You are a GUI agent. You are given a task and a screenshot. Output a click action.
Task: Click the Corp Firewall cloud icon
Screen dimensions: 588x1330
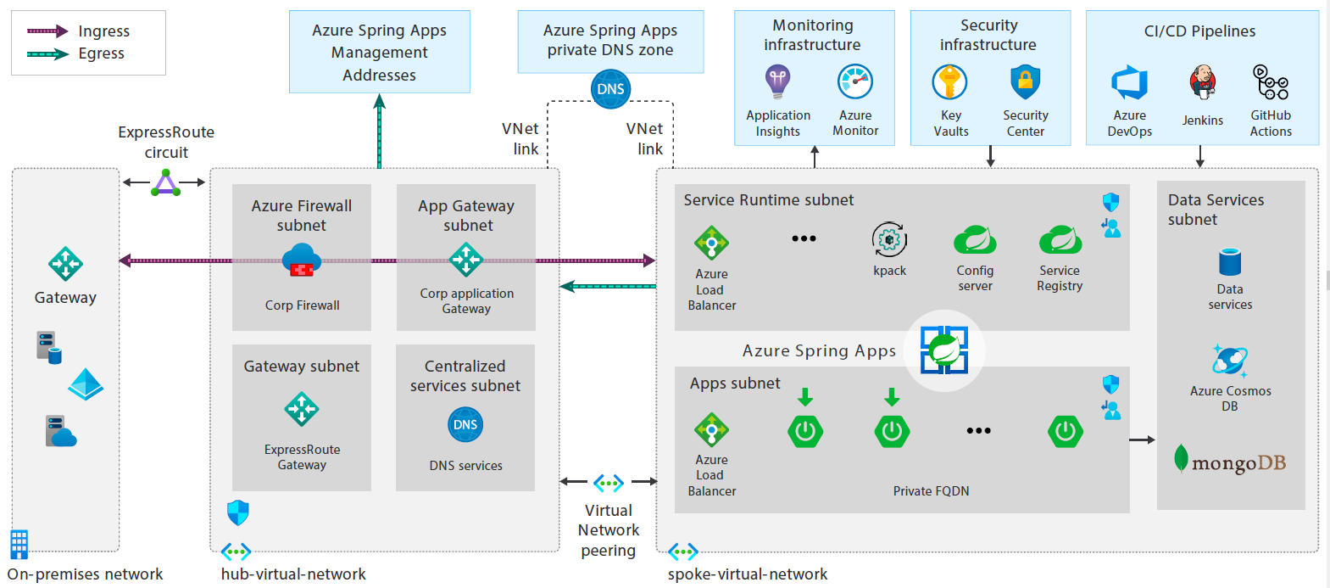pyautogui.click(x=302, y=260)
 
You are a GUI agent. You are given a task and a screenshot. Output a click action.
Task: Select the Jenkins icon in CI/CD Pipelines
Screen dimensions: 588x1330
pyautogui.click(x=1202, y=83)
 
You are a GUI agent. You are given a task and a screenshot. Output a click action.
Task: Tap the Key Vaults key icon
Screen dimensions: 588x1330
pyautogui.click(x=949, y=82)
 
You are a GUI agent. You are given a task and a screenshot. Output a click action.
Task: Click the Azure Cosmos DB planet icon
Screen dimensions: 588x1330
pyautogui.click(x=1229, y=361)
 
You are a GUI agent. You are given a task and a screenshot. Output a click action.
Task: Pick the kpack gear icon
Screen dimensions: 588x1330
pyautogui.click(x=889, y=240)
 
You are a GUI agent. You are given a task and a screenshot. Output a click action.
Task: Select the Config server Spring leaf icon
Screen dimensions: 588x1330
pyautogui.click(x=975, y=240)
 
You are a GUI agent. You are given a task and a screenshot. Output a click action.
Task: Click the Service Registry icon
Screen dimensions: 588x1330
pyautogui.click(x=1060, y=240)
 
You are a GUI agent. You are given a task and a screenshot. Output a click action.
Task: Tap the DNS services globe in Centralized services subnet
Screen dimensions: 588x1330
pyautogui.click(x=465, y=424)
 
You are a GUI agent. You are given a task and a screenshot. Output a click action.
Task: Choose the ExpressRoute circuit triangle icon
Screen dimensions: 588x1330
pyautogui.click(x=166, y=183)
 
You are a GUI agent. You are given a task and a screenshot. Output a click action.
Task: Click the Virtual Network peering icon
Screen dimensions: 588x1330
pyautogui.click(x=609, y=483)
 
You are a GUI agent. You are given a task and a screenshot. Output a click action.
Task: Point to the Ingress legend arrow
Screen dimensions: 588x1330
pyautogui.click(x=47, y=31)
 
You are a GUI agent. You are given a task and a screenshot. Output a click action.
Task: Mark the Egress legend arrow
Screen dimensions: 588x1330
pyautogui.click(x=47, y=54)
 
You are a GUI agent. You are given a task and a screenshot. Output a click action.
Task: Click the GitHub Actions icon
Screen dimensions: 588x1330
pyautogui.click(x=1271, y=83)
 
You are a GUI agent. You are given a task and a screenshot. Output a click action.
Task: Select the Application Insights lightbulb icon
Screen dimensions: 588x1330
pyautogui.click(x=777, y=82)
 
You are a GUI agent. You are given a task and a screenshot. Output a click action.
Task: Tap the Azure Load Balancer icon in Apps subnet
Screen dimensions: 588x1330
pyautogui.click(x=711, y=430)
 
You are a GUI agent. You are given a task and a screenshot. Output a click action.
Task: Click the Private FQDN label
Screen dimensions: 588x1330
pyautogui.click(x=931, y=491)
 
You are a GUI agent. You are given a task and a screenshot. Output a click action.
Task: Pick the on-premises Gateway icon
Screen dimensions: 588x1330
pyautogui.click(x=65, y=264)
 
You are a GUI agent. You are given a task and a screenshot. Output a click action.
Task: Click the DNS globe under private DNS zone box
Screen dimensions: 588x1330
pyautogui.click(x=610, y=89)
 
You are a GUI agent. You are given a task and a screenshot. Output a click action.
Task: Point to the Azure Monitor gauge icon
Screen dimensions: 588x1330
pyautogui.click(x=855, y=82)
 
